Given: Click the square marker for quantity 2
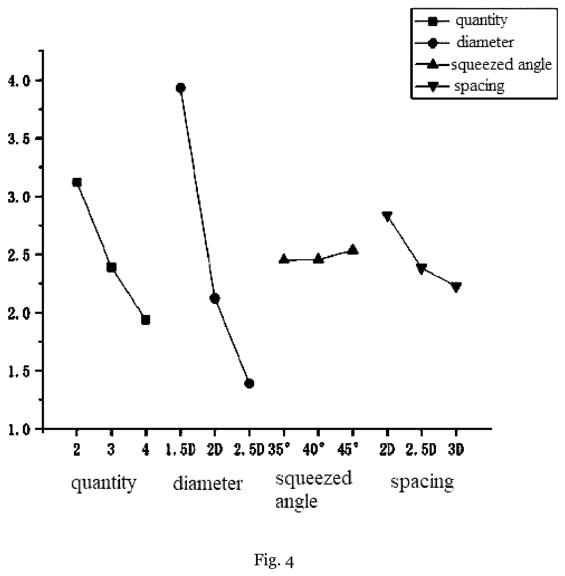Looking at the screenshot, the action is coord(76,182).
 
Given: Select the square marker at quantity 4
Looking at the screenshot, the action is coord(145,320).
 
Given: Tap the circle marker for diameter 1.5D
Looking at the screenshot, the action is coord(180,88).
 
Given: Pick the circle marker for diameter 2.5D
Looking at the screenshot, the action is coord(249,384).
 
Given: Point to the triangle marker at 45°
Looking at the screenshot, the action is coord(353,249).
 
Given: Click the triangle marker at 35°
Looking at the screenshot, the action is coord(284,259).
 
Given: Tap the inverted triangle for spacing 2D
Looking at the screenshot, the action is coord(387,216).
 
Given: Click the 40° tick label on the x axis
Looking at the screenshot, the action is coord(318,450).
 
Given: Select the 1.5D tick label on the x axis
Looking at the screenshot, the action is coord(180,450).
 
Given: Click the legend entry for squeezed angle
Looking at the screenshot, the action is coord(483,65).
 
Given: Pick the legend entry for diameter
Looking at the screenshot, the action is coord(465,42).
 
